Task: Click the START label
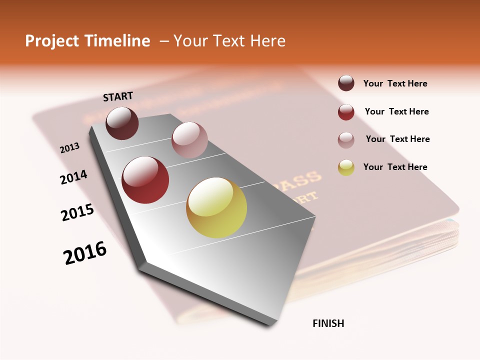pyautogui.click(x=118, y=96)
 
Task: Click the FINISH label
pyautogui.click(x=328, y=323)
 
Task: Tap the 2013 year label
pyautogui.click(x=70, y=147)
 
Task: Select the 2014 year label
pyautogui.click(x=73, y=177)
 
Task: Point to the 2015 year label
pyautogui.click(x=77, y=212)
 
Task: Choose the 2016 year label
pyautogui.click(x=85, y=252)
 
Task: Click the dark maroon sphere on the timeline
pyautogui.click(x=122, y=123)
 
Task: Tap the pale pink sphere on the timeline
pyautogui.click(x=189, y=140)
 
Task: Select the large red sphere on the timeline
pyautogui.click(x=145, y=180)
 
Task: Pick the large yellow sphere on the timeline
pyautogui.click(x=216, y=207)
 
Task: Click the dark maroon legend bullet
pyautogui.click(x=346, y=83)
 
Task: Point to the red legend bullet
pyautogui.click(x=346, y=112)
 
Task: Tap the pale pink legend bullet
pyautogui.click(x=346, y=140)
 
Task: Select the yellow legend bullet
pyautogui.click(x=346, y=167)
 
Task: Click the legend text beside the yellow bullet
pyautogui.click(x=395, y=167)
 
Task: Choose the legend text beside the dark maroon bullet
pyautogui.click(x=395, y=83)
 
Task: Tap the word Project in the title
pyautogui.click(x=51, y=41)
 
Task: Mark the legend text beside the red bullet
pyautogui.click(x=397, y=111)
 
